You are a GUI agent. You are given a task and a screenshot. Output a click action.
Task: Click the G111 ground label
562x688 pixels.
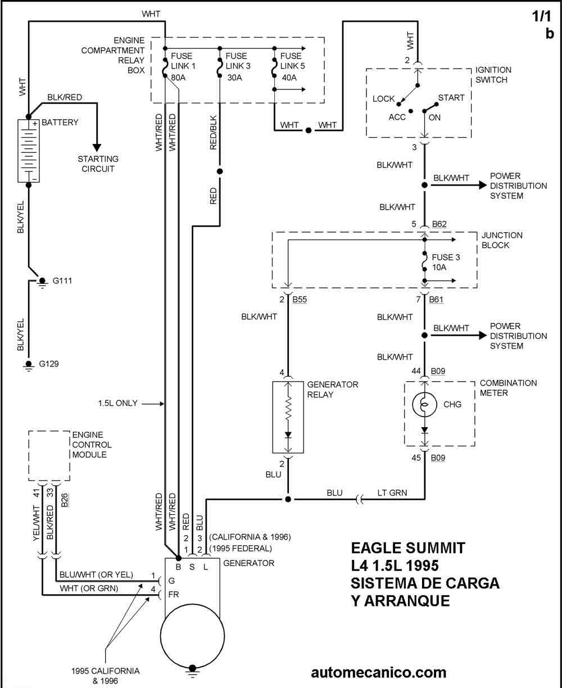point(62,280)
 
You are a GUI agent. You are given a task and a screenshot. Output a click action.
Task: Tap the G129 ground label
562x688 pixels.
point(49,364)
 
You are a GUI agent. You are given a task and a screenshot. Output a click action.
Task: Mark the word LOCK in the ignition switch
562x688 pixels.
point(384,99)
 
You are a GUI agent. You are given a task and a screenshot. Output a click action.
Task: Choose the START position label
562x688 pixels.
point(451,98)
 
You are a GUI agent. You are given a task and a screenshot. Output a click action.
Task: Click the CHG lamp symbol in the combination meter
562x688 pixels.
point(424,404)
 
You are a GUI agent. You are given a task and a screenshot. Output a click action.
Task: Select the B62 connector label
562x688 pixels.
point(440,225)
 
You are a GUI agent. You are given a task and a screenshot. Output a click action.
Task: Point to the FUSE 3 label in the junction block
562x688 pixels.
point(446,258)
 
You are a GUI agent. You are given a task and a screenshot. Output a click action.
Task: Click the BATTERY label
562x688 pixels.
point(60,122)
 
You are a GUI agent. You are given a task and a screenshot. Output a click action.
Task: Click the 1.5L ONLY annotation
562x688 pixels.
point(119,403)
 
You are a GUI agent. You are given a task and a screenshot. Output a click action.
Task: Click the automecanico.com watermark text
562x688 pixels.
point(378,672)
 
